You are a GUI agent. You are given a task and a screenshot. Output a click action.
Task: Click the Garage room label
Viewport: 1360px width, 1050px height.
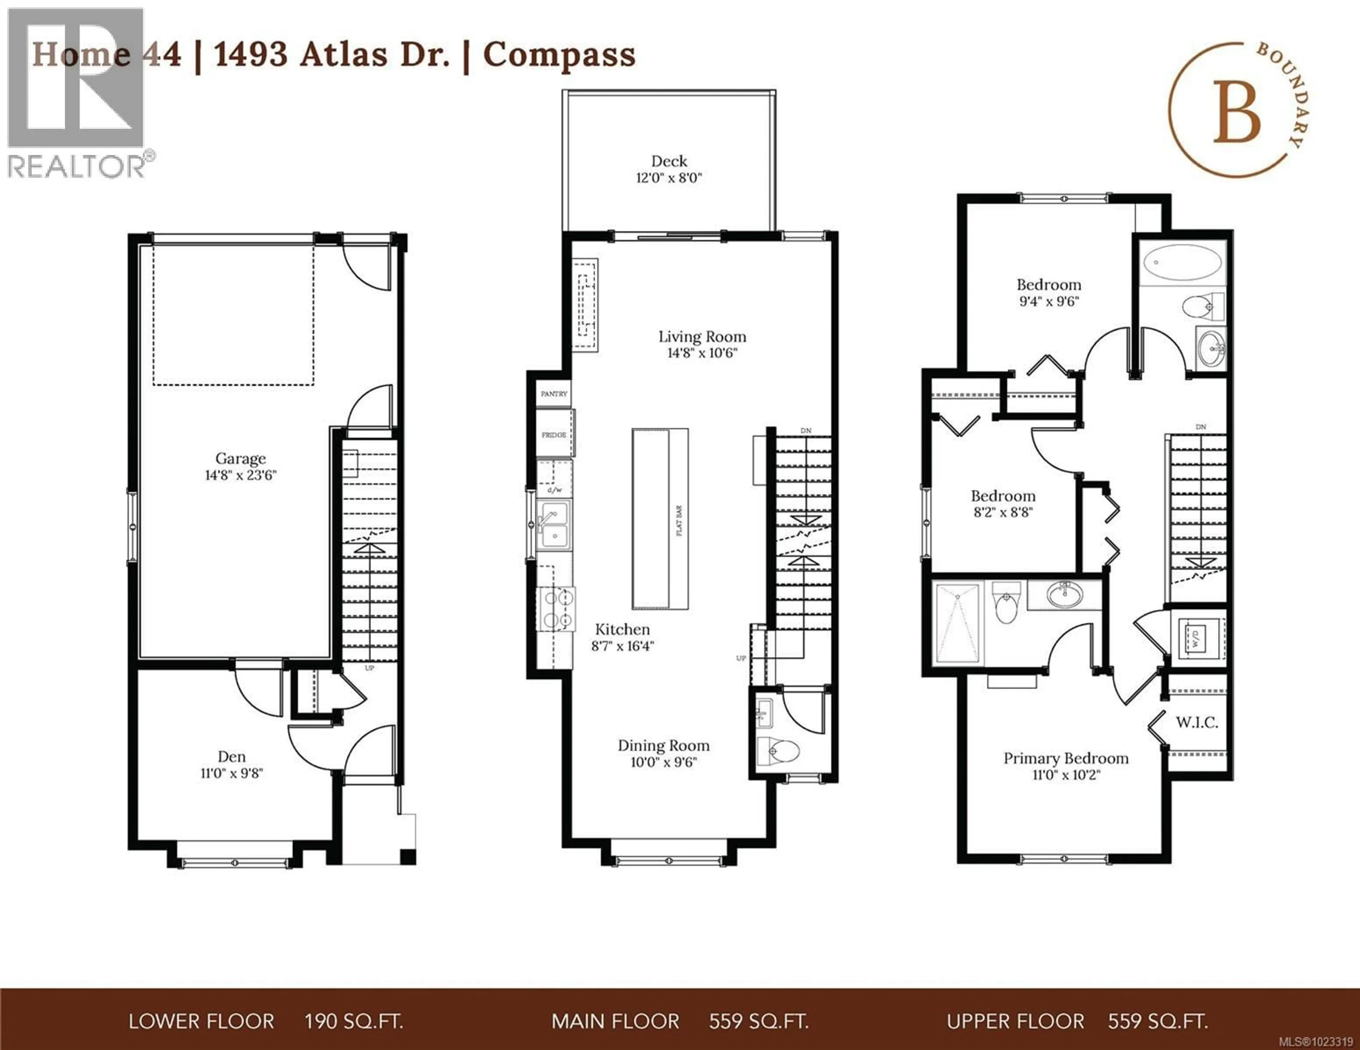coord(240,459)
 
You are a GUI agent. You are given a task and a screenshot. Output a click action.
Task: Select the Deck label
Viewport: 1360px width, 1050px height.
coord(669,161)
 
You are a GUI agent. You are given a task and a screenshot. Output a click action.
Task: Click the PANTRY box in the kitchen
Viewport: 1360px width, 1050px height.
coord(554,394)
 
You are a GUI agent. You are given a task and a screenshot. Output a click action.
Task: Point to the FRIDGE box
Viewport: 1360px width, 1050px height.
coord(554,435)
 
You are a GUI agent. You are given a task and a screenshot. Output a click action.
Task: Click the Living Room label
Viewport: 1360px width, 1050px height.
coord(702,337)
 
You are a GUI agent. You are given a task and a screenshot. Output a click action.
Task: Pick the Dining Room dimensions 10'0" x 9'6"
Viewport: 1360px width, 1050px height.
coord(663,762)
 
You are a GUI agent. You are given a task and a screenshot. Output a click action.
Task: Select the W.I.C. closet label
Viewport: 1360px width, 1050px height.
coord(1196,723)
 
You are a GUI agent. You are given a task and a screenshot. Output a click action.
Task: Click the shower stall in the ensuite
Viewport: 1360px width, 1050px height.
coord(957,624)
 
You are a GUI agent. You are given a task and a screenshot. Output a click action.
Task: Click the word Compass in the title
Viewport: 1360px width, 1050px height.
coord(559,55)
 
